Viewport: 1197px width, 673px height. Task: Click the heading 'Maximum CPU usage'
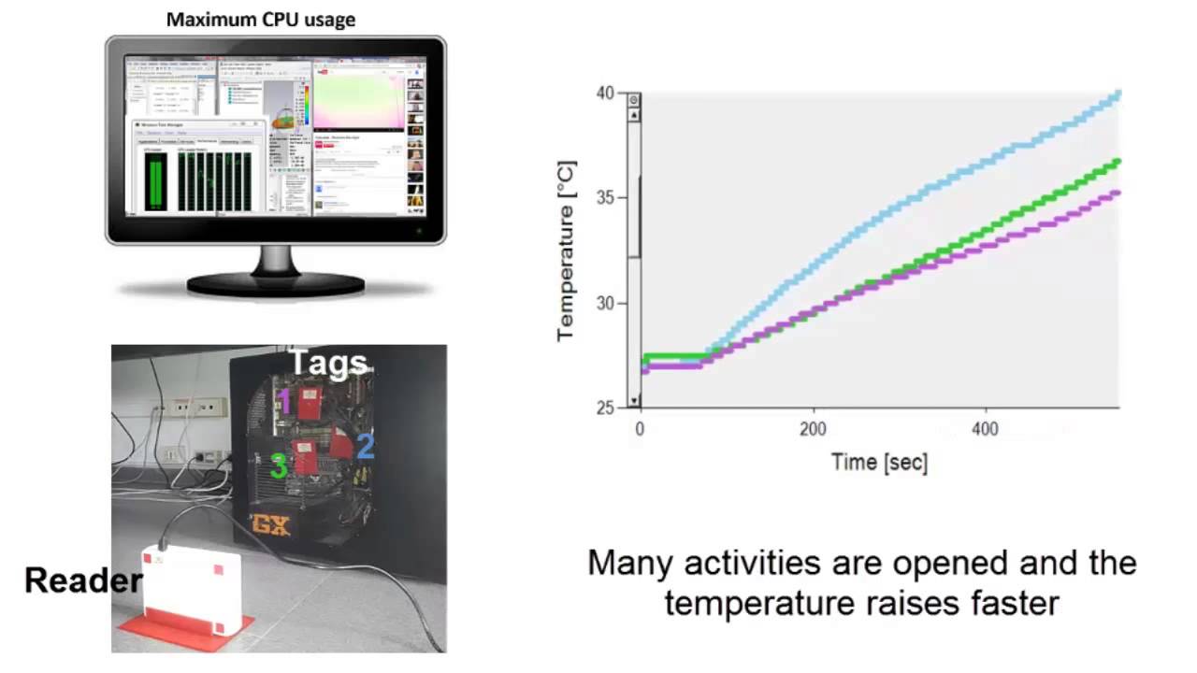[261, 19]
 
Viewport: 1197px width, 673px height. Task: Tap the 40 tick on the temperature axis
[606, 93]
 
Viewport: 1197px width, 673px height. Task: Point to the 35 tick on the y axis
[606, 198]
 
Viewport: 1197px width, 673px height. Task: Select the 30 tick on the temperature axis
[606, 303]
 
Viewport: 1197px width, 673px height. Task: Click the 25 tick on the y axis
[606, 408]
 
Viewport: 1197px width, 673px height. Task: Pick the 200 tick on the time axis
[814, 429]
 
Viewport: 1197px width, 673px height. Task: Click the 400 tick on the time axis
[986, 429]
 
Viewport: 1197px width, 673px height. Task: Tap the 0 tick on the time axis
[641, 429]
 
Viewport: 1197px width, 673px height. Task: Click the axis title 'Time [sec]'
[879, 461]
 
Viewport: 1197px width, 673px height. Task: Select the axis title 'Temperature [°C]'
[567, 251]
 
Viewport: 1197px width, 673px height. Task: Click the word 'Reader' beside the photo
[83, 580]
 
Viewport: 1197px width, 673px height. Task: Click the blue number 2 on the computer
[365, 446]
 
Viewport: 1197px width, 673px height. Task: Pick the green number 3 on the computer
[278, 465]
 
